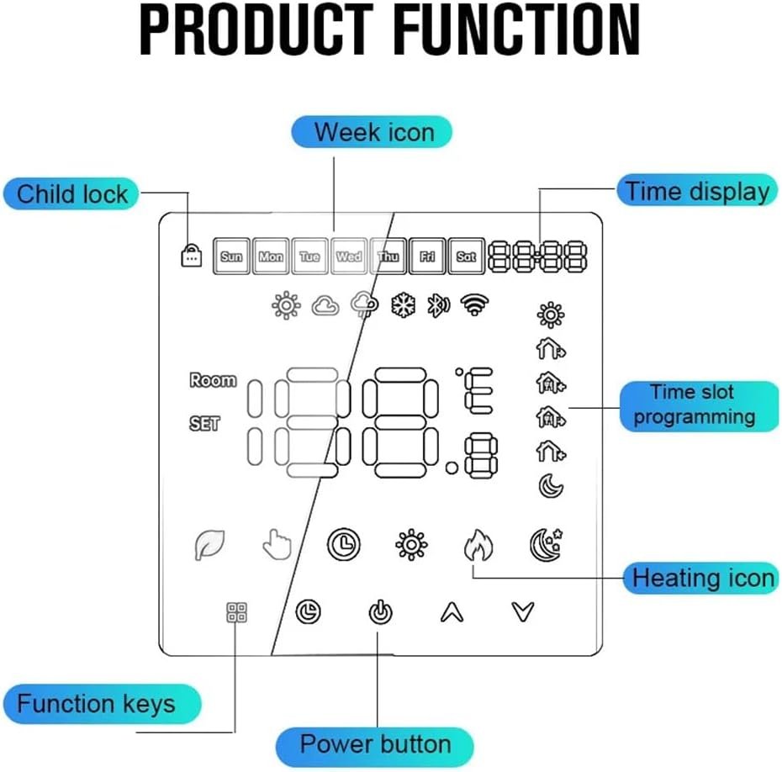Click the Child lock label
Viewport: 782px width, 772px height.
coord(72,194)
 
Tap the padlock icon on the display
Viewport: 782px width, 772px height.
coord(192,256)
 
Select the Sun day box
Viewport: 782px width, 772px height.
coord(231,256)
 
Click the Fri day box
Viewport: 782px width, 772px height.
coord(426,256)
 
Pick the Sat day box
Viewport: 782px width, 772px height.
coord(465,256)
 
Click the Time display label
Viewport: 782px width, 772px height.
coord(697,191)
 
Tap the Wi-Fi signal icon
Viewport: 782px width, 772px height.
coord(475,305)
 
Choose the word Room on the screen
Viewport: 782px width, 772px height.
coord(213,380)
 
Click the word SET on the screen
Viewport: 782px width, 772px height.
coord(204,424)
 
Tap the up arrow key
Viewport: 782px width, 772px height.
coord(452,613)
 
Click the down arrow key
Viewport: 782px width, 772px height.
coord(523,613)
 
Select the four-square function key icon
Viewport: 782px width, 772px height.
coord(236,613)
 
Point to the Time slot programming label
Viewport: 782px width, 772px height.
coord(695,405)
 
